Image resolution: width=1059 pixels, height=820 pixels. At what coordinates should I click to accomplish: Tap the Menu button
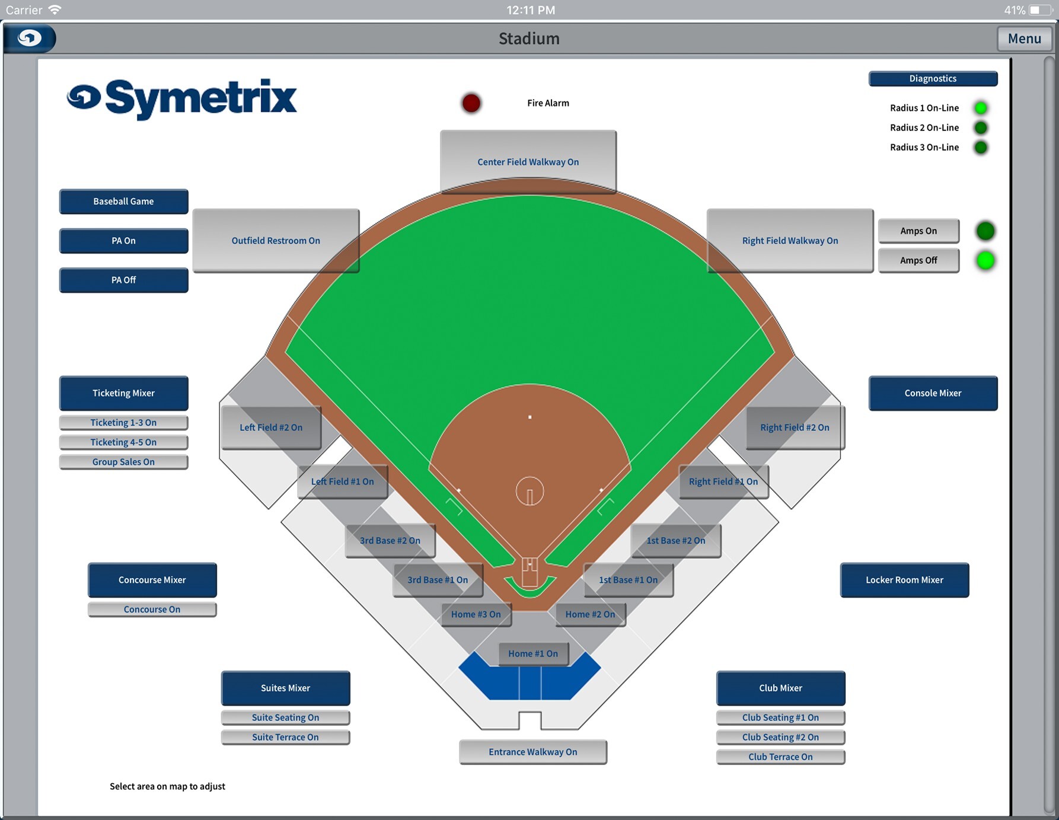tap(1024, 39)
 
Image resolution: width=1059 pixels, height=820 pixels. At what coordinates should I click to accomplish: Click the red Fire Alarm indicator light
tap(471, 103)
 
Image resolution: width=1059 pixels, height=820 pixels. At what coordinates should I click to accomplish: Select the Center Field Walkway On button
tap(528, 161)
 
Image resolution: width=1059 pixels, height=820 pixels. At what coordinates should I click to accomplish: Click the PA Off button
tap(123, 280)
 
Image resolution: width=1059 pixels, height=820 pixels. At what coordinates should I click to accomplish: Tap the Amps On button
tap(918, 231)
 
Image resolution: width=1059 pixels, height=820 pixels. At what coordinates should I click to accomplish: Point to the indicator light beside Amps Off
tap(985, 260)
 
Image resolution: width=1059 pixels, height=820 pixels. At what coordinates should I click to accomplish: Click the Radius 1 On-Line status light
tap(981, 108)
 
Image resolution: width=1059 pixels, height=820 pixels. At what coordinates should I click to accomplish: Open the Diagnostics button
tap(933, 78)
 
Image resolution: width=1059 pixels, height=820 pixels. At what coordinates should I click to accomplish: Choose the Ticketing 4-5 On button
tap(123, 442)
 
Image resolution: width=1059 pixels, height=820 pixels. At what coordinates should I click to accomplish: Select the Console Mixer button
tap(933, 393)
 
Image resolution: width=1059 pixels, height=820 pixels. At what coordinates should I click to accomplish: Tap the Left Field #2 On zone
tap(271, 427)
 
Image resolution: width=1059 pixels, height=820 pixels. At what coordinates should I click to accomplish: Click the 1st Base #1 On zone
tap(628, 580)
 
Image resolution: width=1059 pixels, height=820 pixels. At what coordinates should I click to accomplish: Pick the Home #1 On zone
tap(533, 653)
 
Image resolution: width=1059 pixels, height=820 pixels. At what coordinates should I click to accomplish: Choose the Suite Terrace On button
tap(285, 737)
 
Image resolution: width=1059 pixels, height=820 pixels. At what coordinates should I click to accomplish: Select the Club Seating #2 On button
tap(780, 737)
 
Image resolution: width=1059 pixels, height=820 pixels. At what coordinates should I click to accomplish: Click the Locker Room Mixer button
tap(904, 580)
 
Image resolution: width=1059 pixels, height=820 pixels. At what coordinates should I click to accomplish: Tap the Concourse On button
tap(152, 610)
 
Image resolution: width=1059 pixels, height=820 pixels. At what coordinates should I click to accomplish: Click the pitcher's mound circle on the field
tap(529, 492)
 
